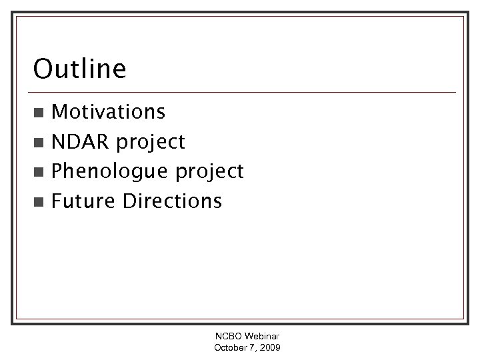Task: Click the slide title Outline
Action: (x=79, y=69)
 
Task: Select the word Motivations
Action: (x=108, y=111)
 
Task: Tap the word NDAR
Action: (x=80, y=141)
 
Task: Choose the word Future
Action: (x=84, y=201)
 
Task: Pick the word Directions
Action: (x=173, y=201)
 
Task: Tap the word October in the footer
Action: (x=230, y=348)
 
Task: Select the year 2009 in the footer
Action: (x=269, y=348)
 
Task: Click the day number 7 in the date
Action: (x=251, y=348)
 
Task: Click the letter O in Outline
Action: (x=43, y=69)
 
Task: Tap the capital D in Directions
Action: (x=129, y=201)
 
